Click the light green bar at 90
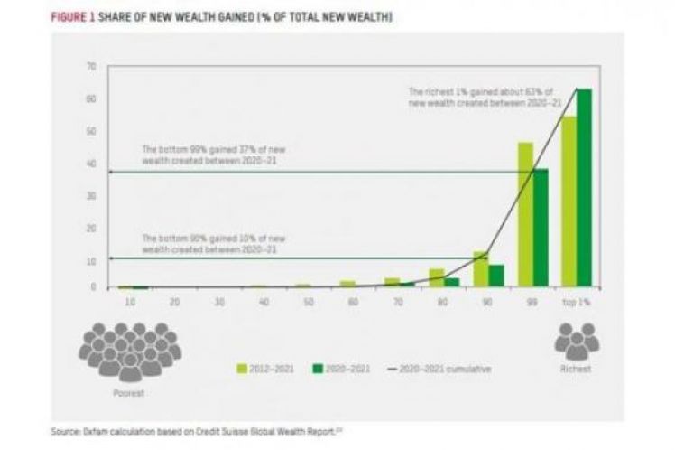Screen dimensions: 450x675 click(481, 269)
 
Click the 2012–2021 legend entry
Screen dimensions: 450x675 click(266, 369)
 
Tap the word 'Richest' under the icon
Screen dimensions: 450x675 click(577, 369)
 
